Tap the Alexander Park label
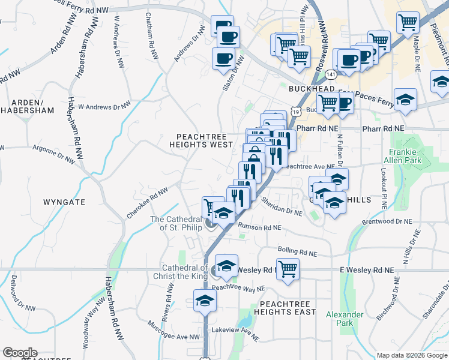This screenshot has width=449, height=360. pos(345,319)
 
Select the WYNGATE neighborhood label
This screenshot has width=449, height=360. pos(64,202)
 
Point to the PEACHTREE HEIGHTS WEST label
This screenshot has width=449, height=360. pos(200,140)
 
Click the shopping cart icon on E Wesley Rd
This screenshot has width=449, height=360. pos(288,269)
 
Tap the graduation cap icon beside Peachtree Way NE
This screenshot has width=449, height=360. pos(205,300)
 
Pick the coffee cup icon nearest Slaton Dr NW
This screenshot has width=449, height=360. pos(223,58)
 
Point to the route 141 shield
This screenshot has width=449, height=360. pos(331,73)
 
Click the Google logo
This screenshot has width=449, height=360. pos(19,353)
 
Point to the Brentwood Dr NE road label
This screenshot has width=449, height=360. pos(387,222)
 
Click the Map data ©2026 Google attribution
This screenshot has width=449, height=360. pos(411,355)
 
